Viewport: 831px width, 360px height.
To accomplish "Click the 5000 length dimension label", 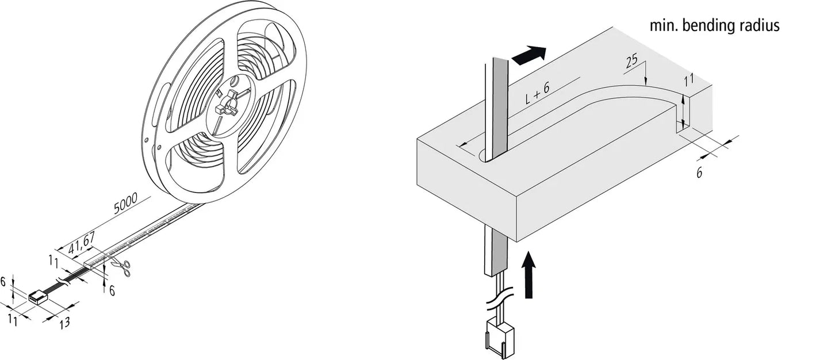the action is coord(125,203).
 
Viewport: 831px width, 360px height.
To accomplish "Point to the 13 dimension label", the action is coord(64,323).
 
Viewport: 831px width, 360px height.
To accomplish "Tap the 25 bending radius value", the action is coord(631,61).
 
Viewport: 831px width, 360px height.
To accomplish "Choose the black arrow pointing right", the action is coord(529,55).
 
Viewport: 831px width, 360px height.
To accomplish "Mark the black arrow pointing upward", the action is coord(529,274).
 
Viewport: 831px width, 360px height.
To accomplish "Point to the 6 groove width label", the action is coord(699,173).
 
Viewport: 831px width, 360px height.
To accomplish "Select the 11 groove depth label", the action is coord(688,80).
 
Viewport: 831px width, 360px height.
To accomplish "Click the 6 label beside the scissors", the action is coord(112,290).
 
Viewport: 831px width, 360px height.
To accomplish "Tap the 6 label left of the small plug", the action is coord(3,282).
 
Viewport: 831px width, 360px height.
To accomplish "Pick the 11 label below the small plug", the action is coord(13,320).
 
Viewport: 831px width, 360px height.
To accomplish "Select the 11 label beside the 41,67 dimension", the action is coord(53,261).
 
